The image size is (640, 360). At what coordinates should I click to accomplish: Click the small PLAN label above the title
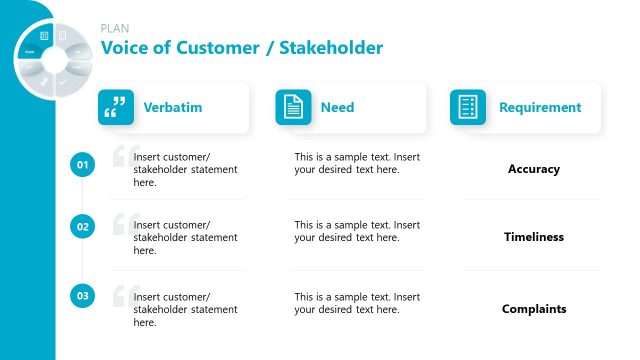115,29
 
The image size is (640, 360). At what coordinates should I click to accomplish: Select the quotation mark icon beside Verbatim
116,107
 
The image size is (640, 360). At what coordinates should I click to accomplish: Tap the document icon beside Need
293,107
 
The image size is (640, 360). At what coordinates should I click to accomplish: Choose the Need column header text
337,107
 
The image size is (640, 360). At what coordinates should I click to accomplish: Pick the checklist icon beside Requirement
467,107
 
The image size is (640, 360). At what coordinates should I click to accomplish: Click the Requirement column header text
539,107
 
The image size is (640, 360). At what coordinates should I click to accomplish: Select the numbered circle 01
83,165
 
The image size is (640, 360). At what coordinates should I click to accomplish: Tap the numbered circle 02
83,227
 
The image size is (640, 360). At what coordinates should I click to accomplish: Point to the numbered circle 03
83,296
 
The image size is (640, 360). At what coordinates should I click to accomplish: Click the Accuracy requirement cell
533,169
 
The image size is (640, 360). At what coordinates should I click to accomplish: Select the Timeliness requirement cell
533,237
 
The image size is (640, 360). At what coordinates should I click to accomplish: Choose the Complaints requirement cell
533,309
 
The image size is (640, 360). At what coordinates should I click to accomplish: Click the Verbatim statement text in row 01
185,170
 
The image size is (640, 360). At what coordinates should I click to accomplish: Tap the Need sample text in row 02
357,231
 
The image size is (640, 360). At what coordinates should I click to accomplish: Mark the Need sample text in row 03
357,303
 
